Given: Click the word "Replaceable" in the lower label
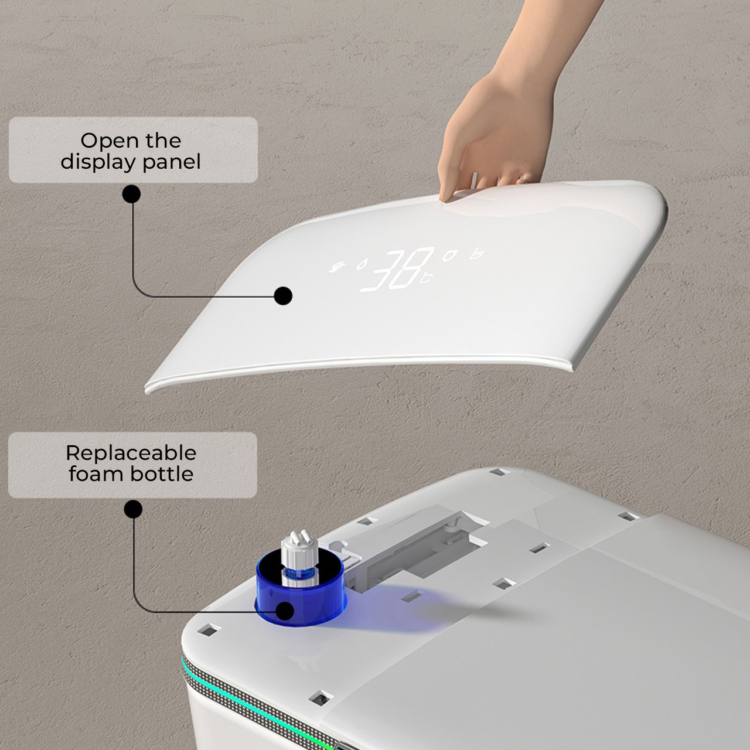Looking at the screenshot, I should coord(131,453).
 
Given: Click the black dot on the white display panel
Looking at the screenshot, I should coord(284,296).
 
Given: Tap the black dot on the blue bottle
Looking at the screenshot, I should coord(285,611).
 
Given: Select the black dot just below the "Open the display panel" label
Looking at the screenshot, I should coord(132,194).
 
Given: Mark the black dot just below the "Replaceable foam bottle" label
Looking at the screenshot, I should coord(134,509).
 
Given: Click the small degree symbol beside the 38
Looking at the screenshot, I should coord(429,278).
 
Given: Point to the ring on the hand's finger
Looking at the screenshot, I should coord(524,178).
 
